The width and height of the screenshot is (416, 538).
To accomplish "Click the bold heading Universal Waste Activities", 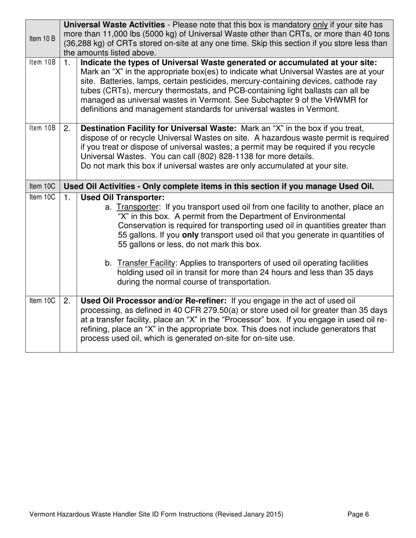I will pyautogui.click(x=114, y=25).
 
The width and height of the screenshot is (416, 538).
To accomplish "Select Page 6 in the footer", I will pyautogui.click(x=358, y=515).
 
